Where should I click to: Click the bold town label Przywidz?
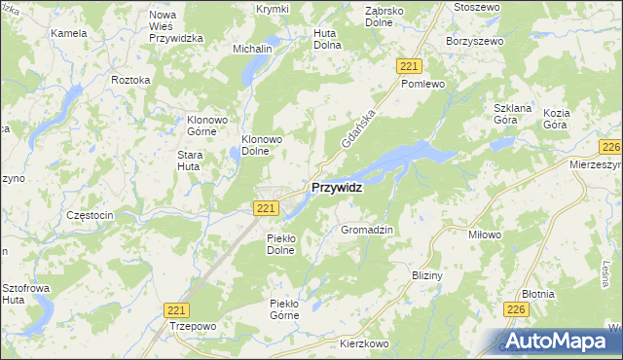click(x=337, y=189)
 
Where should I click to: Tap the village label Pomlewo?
click(x=422, y=85)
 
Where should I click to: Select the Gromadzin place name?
click(x=366, y=230)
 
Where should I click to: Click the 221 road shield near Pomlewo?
click(x=409, y=64)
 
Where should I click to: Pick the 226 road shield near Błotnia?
click(x=515, y=308)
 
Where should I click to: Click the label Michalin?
click(x=251, y=48)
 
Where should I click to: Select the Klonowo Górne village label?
click(x=206, y=126)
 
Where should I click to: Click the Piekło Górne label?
click(x=290, y=308)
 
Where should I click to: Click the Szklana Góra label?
click(x=510, y=116)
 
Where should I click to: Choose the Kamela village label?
click(x=69, y=32)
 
